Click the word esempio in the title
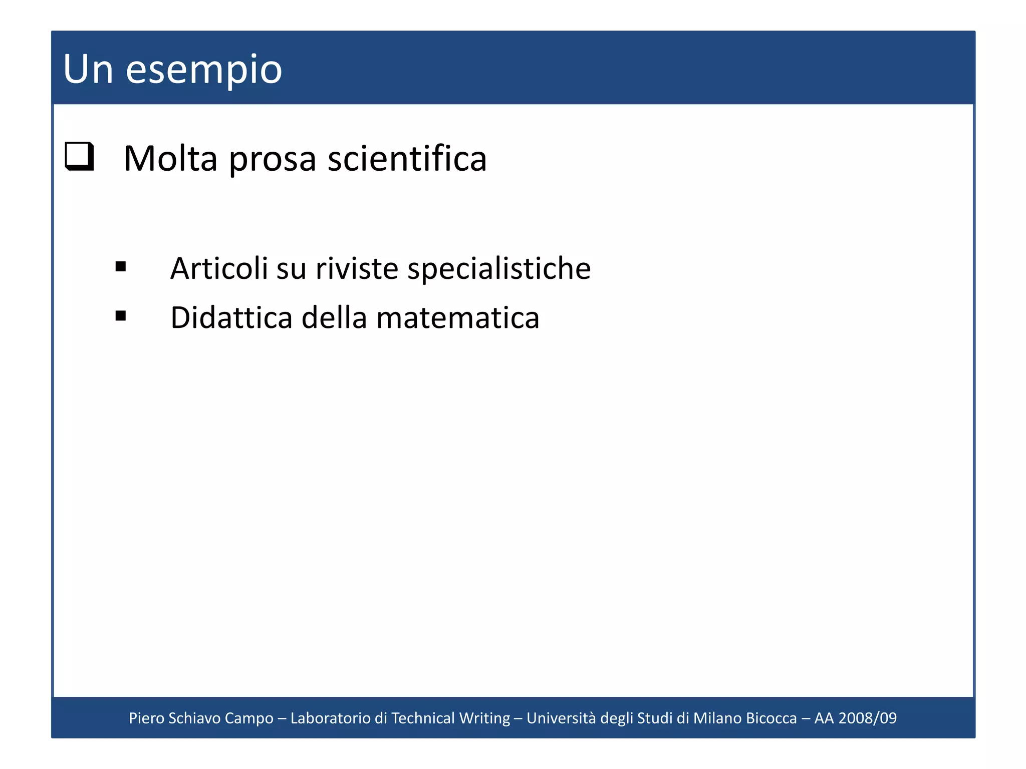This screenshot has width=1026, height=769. [204, 70]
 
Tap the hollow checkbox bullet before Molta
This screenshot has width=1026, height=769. [80, 156]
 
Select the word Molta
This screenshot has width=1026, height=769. [170, 159]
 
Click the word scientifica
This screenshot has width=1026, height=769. [407, 159]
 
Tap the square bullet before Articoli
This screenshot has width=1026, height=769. [120, 266]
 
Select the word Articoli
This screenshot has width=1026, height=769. [219, 268]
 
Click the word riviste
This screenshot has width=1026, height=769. [357, 268]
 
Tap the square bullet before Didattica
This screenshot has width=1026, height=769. [120, 316]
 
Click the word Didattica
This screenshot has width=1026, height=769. [231, 318]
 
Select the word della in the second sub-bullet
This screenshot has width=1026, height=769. [334, 318]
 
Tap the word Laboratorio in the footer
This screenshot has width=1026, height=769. [330, 718]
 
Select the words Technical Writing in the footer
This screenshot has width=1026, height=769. [450, 718]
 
